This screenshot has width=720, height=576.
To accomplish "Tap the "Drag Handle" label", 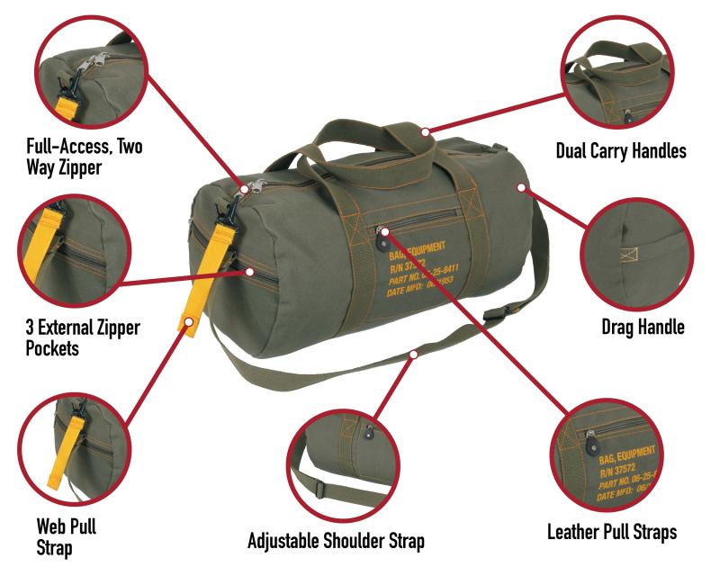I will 642,328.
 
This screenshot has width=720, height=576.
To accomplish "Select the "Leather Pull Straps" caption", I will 611,532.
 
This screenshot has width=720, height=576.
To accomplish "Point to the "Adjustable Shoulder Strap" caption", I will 336,542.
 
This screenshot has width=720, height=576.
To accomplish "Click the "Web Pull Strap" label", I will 67,533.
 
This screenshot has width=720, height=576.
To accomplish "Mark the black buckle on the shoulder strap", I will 493,318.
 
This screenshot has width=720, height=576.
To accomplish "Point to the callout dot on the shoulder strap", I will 413,355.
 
